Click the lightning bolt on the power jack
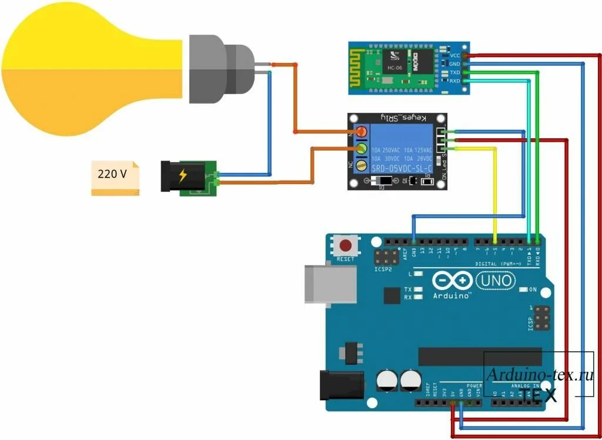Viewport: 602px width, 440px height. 183,175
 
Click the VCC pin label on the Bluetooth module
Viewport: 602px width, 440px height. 454,55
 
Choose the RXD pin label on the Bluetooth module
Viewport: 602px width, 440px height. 454,81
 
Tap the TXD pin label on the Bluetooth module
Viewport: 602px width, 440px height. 454,72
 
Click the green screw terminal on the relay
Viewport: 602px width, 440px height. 361,148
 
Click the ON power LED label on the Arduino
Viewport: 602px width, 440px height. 533,290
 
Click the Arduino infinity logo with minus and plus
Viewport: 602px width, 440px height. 453,280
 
